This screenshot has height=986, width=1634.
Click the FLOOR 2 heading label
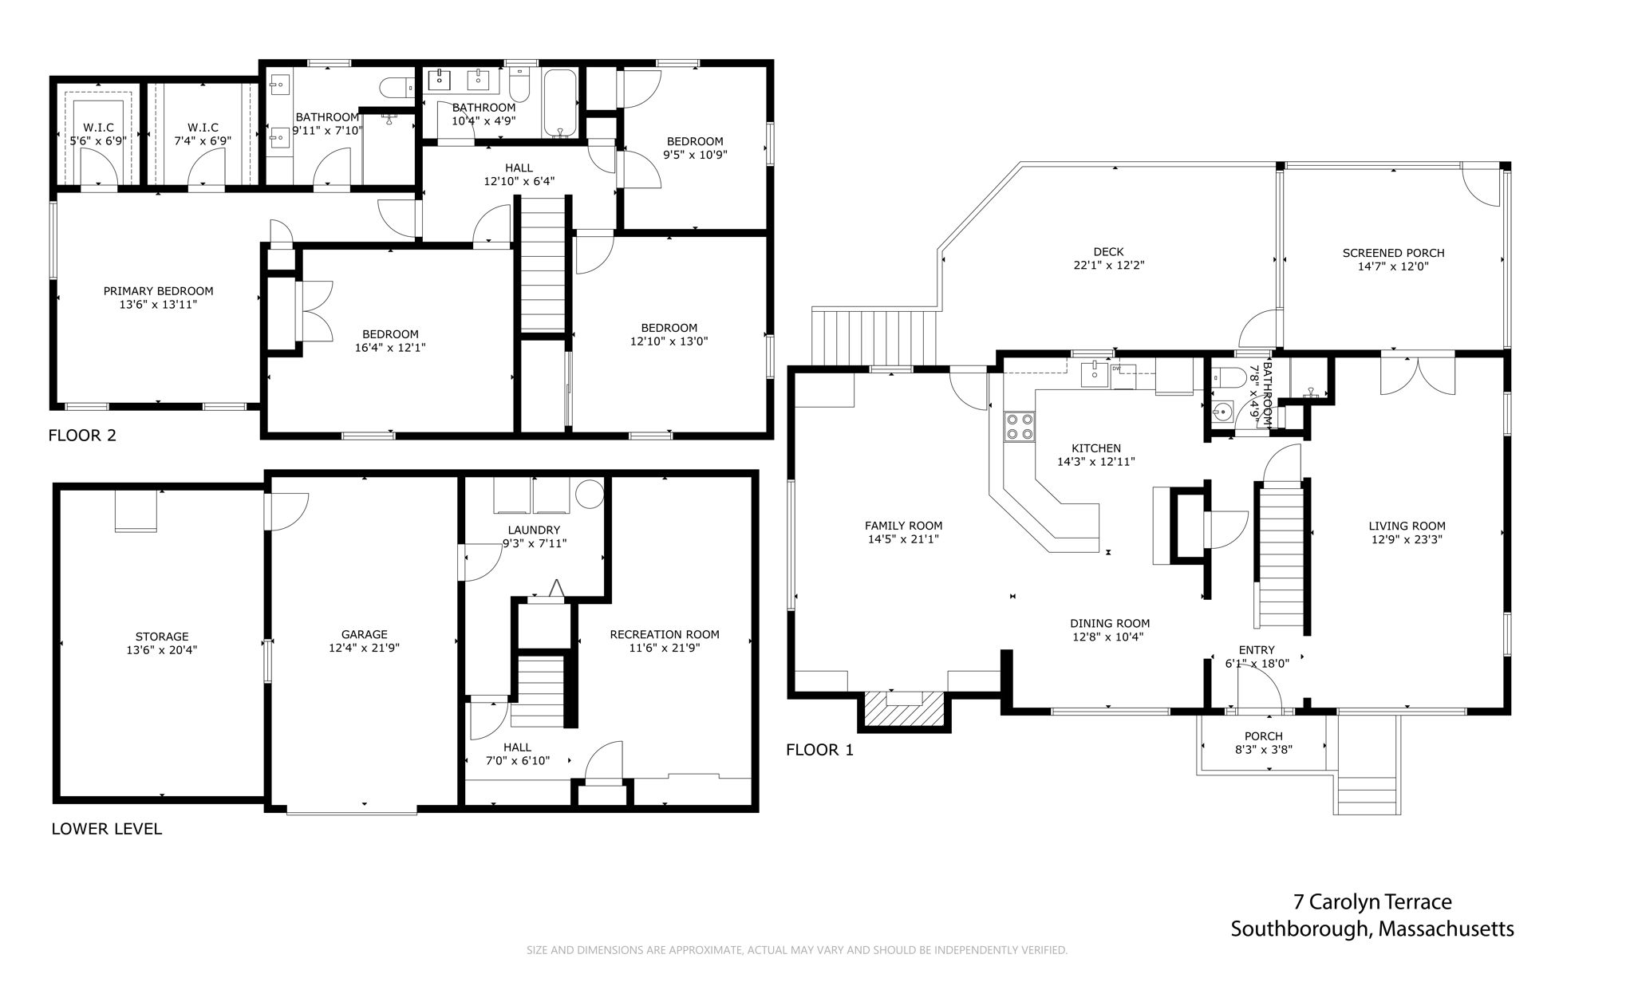click(x=82, y=436)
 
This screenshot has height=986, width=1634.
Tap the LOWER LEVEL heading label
click(x=106, y=829)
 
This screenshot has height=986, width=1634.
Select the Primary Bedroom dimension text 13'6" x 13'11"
click(x=158, y=305)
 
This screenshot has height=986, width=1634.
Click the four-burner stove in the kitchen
click(x=1019, y=427)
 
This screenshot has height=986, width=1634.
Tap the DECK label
click(x=1109, y=253)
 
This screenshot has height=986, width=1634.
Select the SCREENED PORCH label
click(x=1393, y=253)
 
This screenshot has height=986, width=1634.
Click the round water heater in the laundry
click(x=590, y=495)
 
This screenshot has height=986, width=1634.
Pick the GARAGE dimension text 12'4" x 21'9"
click(x=364, y=649)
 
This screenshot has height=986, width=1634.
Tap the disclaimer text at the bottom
click(x=796, y=950)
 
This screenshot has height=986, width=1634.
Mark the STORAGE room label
click(x=162, y=637)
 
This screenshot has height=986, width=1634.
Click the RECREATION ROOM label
click(x=664, y=635)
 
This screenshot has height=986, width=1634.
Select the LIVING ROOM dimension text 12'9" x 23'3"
click(x=1407, y=539)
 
